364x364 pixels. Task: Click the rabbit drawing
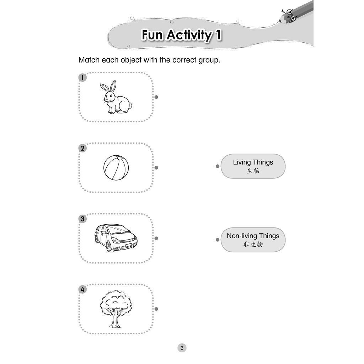[116, 97]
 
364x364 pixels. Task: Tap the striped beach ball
[116, 168]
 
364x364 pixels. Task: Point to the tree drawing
[116, 309]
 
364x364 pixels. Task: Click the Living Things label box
[253, 166]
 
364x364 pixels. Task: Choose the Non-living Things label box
[253, 240]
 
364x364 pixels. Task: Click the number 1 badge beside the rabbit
[82, 77]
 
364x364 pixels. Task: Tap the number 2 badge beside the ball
[82, 148]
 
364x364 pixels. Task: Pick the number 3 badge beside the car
[82, 219]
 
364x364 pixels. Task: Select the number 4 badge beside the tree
[82, 289]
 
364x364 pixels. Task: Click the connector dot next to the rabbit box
[156, 97]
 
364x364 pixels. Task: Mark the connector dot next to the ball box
[156, 168]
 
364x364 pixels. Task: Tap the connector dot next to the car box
[156, 238]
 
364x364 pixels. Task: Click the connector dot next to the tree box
[156, 309]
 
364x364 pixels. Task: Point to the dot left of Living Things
[218, 166]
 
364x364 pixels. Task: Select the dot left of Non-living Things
[218, 240]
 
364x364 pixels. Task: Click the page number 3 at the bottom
[182, 348]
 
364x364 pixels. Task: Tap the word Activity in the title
[189, 35]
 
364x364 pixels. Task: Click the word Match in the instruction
[89, 60]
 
